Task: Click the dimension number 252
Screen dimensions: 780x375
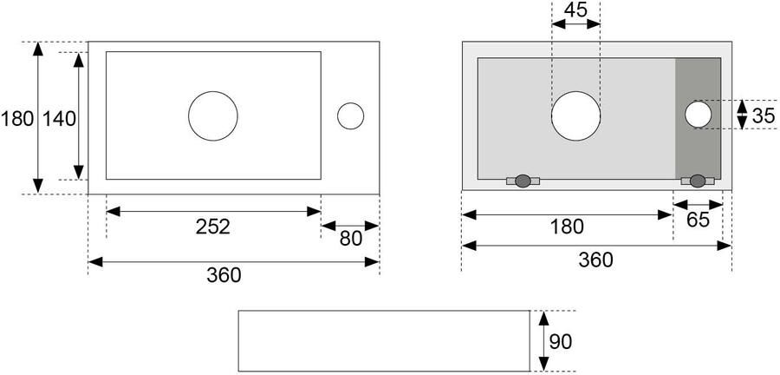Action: coord(213,227)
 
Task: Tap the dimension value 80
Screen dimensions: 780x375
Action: coord(351,240)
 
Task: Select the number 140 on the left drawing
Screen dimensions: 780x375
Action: coord(59,119)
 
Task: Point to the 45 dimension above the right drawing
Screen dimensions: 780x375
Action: coord(576,10)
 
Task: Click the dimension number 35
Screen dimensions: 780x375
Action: coord(763,116)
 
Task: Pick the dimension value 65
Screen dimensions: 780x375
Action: coord(698,220)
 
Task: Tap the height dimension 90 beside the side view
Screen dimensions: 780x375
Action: coord(561,342)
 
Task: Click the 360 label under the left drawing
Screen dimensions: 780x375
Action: coord(224,275)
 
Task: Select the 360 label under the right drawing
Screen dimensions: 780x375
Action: coord(595,260)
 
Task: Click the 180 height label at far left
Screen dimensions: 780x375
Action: coord(17,119)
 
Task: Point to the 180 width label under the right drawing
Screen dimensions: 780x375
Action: coord(567,227)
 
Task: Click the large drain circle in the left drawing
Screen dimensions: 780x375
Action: coord(213,116)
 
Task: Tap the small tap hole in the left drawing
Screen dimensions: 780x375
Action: coord(350,116)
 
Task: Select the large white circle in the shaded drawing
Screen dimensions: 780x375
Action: coord(576,116)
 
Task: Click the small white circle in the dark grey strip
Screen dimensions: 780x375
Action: coord(698,114)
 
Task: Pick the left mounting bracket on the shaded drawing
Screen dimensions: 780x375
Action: coord(523,181)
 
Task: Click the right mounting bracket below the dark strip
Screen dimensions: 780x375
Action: coord(698,181)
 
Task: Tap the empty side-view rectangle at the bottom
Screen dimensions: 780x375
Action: coord(384,340)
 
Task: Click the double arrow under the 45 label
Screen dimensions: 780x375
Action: coord(576,24)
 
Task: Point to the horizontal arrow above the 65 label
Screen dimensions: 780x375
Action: coord(698,205)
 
